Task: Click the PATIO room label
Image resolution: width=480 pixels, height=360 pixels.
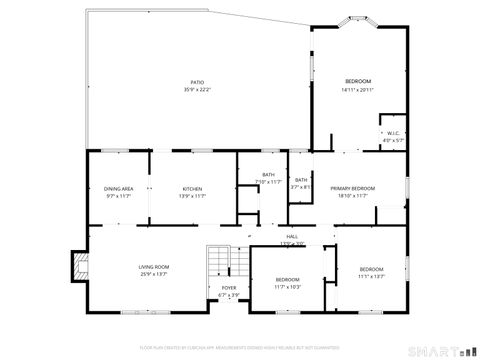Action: tap(197, 82)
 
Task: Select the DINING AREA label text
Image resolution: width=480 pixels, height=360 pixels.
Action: tap(119, 189)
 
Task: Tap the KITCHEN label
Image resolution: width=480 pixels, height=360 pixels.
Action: tap(192, 189)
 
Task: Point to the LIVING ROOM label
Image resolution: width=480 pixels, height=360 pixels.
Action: tap(153, 266)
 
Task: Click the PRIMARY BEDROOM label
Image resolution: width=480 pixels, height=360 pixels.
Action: tap(353, 189)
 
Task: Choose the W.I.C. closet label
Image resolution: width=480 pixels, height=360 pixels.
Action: tap(393, 133)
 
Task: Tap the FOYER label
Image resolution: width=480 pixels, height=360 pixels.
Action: tap(229, 288)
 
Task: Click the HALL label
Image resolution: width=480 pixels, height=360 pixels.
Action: tap(292, 236)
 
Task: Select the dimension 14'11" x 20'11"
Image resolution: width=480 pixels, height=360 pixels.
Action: tap(358, 89)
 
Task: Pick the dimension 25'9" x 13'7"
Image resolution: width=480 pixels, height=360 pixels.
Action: tap(153, 273)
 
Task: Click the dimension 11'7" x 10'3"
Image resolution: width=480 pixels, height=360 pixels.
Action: tap(287, 286)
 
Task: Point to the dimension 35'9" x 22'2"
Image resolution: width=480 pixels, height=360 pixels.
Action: tap(197, 89)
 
